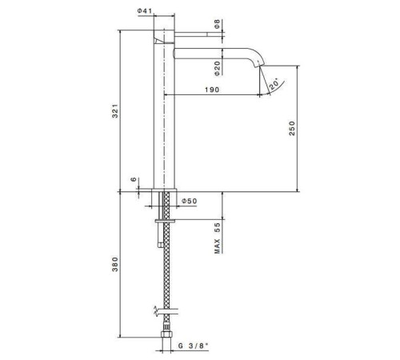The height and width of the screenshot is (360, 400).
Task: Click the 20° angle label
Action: (x=275, y=84)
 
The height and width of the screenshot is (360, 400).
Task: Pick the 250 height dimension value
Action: (x=293, y=128)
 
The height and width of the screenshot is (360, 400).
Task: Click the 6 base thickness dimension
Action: (x=134, y=179)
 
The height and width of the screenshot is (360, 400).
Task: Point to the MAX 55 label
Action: (x=217, y=238)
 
